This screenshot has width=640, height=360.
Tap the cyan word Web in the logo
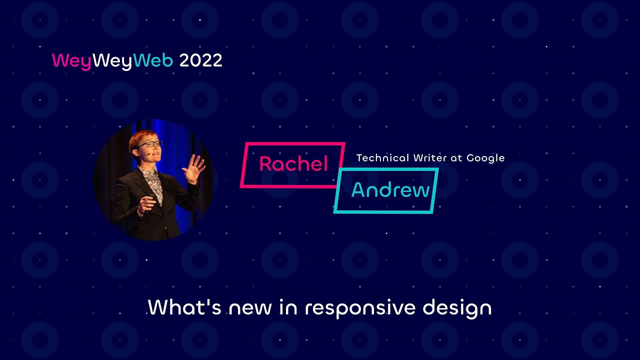(x=153, y=61)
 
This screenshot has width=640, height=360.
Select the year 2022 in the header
(x=200, y=61)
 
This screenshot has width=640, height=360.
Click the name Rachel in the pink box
(x=293, y=164)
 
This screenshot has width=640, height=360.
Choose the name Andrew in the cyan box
(x=390, y=190)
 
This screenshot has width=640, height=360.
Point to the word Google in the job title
(x=485, y=158)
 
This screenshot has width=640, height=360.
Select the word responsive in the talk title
(x=360, y=308)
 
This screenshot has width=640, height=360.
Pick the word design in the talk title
(x=457, y=308)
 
